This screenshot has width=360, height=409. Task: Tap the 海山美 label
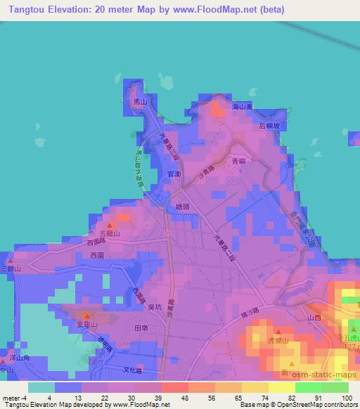243,105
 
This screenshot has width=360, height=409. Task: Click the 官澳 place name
176,174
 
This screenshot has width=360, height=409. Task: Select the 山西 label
313,319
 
